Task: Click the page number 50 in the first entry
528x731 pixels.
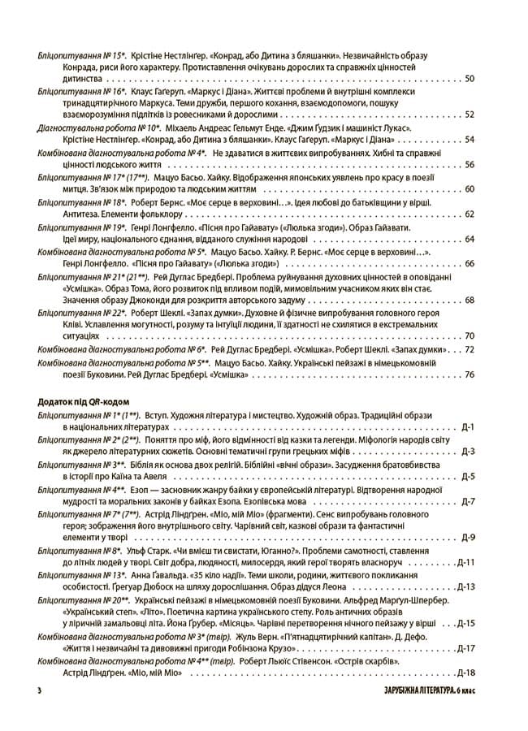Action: tap(470, 80)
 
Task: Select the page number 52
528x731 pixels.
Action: tap(470, 115)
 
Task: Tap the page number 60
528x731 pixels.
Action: tap(470, 189)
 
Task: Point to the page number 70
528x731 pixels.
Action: tap(470, 335)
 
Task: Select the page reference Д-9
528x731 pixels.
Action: tap(468, 538)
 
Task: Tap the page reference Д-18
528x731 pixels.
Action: tap(465, 672)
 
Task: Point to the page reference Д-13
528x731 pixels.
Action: tap(465, 586)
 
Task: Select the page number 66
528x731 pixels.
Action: tap(470, 263)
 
